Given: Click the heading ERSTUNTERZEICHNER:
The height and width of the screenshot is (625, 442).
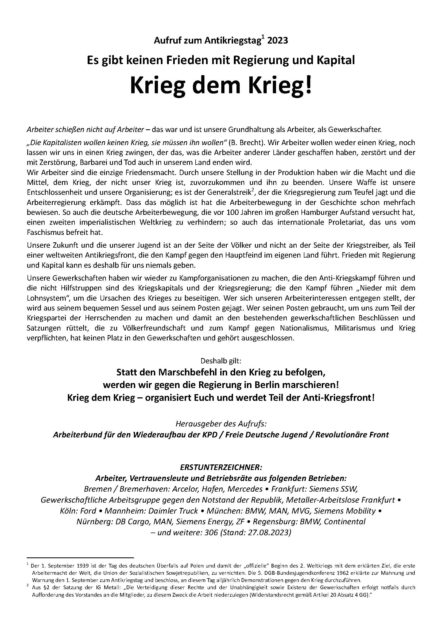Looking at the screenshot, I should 221,467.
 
